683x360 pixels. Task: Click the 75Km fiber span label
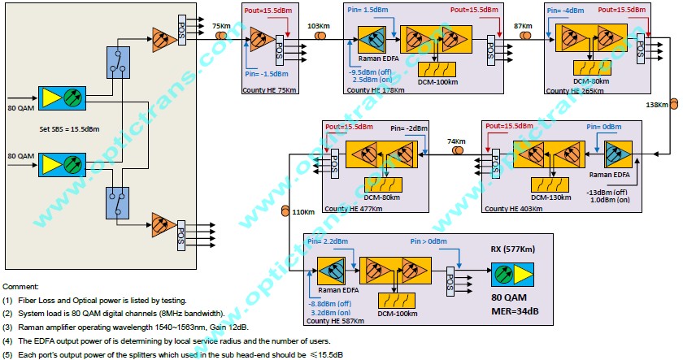[x=220, y=25]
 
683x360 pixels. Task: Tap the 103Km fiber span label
[x=319, y=26]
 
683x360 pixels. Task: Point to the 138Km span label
[x=656, y=105]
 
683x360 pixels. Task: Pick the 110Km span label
[x=302, y=212]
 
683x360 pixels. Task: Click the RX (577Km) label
[x=516, y=249]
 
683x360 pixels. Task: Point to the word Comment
[x=21, y=287]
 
